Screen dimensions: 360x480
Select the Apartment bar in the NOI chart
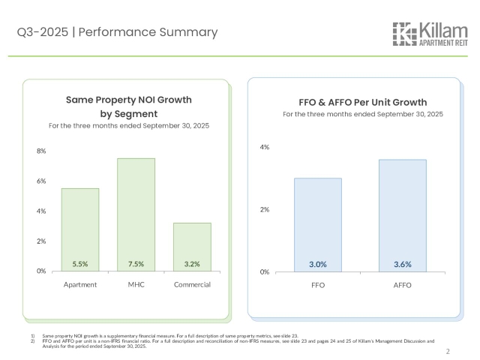tap(79, 229)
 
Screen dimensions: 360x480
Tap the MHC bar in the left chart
tap(136, 214)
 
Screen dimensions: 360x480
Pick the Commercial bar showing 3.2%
tap(192, 246)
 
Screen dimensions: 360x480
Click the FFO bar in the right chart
tap(317, 224)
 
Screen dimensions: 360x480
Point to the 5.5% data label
tap(79, 264)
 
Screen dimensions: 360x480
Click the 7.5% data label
tap(136, 264)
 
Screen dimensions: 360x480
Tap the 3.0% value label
tap(317, 265)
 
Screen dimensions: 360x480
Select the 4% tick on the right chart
tap(265, 147)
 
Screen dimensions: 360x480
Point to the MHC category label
tap(136, 285)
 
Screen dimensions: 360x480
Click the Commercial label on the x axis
tap(192, 285)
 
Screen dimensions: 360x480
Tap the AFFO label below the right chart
tap(402, 286)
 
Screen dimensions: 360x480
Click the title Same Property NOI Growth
tap(128, 99)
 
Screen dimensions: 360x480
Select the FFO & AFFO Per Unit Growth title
tap(363, 102)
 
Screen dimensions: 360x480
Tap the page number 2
tap(448, 351)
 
